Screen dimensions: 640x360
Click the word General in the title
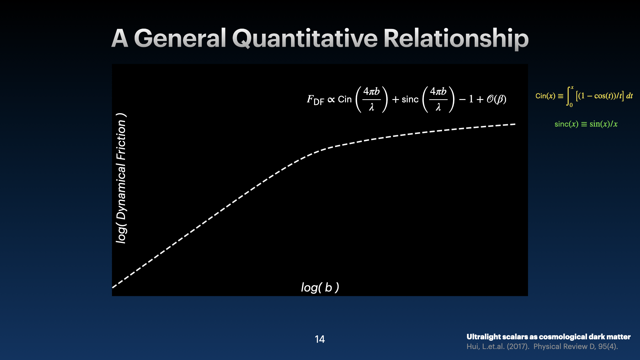coord(180,38)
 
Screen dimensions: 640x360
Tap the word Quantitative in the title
coord(305,39)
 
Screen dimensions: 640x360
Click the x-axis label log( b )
coord(320,287)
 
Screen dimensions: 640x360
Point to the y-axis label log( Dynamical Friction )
coord(121,178)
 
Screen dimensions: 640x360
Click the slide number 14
coord(320,339)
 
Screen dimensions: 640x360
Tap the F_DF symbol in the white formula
coord(315,100)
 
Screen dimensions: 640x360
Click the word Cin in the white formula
coord(345,99)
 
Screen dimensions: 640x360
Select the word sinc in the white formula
coord(410,99)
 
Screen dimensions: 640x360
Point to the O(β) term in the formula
coord(496,99)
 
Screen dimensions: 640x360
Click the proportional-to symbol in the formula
coord(331,100)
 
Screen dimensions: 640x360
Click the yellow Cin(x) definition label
coord(545,96)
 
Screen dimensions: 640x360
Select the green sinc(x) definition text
coord(586,124)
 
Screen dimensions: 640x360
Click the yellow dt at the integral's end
coord(629,96)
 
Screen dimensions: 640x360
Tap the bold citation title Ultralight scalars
coord(549,337)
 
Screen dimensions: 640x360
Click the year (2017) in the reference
coord(518,346)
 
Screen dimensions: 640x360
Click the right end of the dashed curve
coord(515,124)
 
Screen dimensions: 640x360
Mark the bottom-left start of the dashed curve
coord(113,287)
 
